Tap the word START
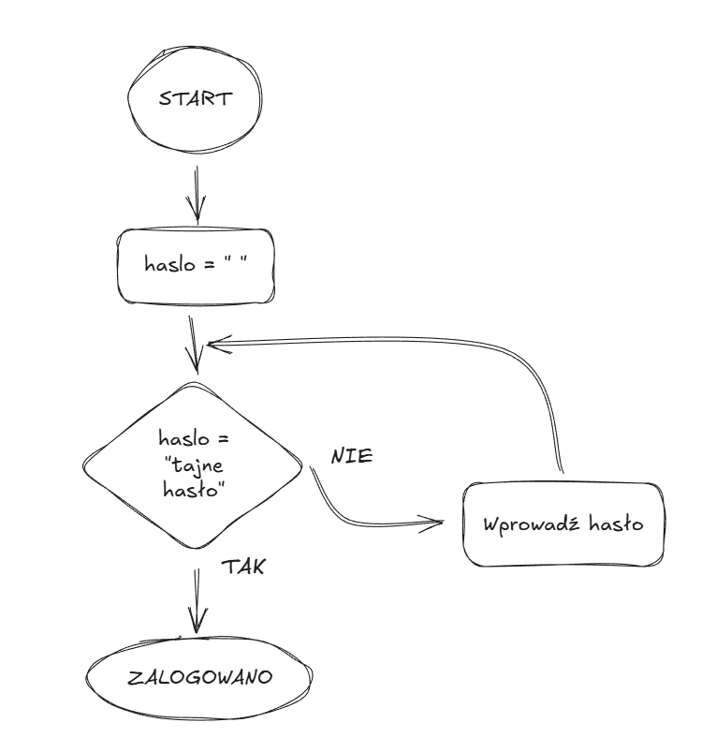195,99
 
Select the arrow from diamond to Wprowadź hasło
356,515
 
